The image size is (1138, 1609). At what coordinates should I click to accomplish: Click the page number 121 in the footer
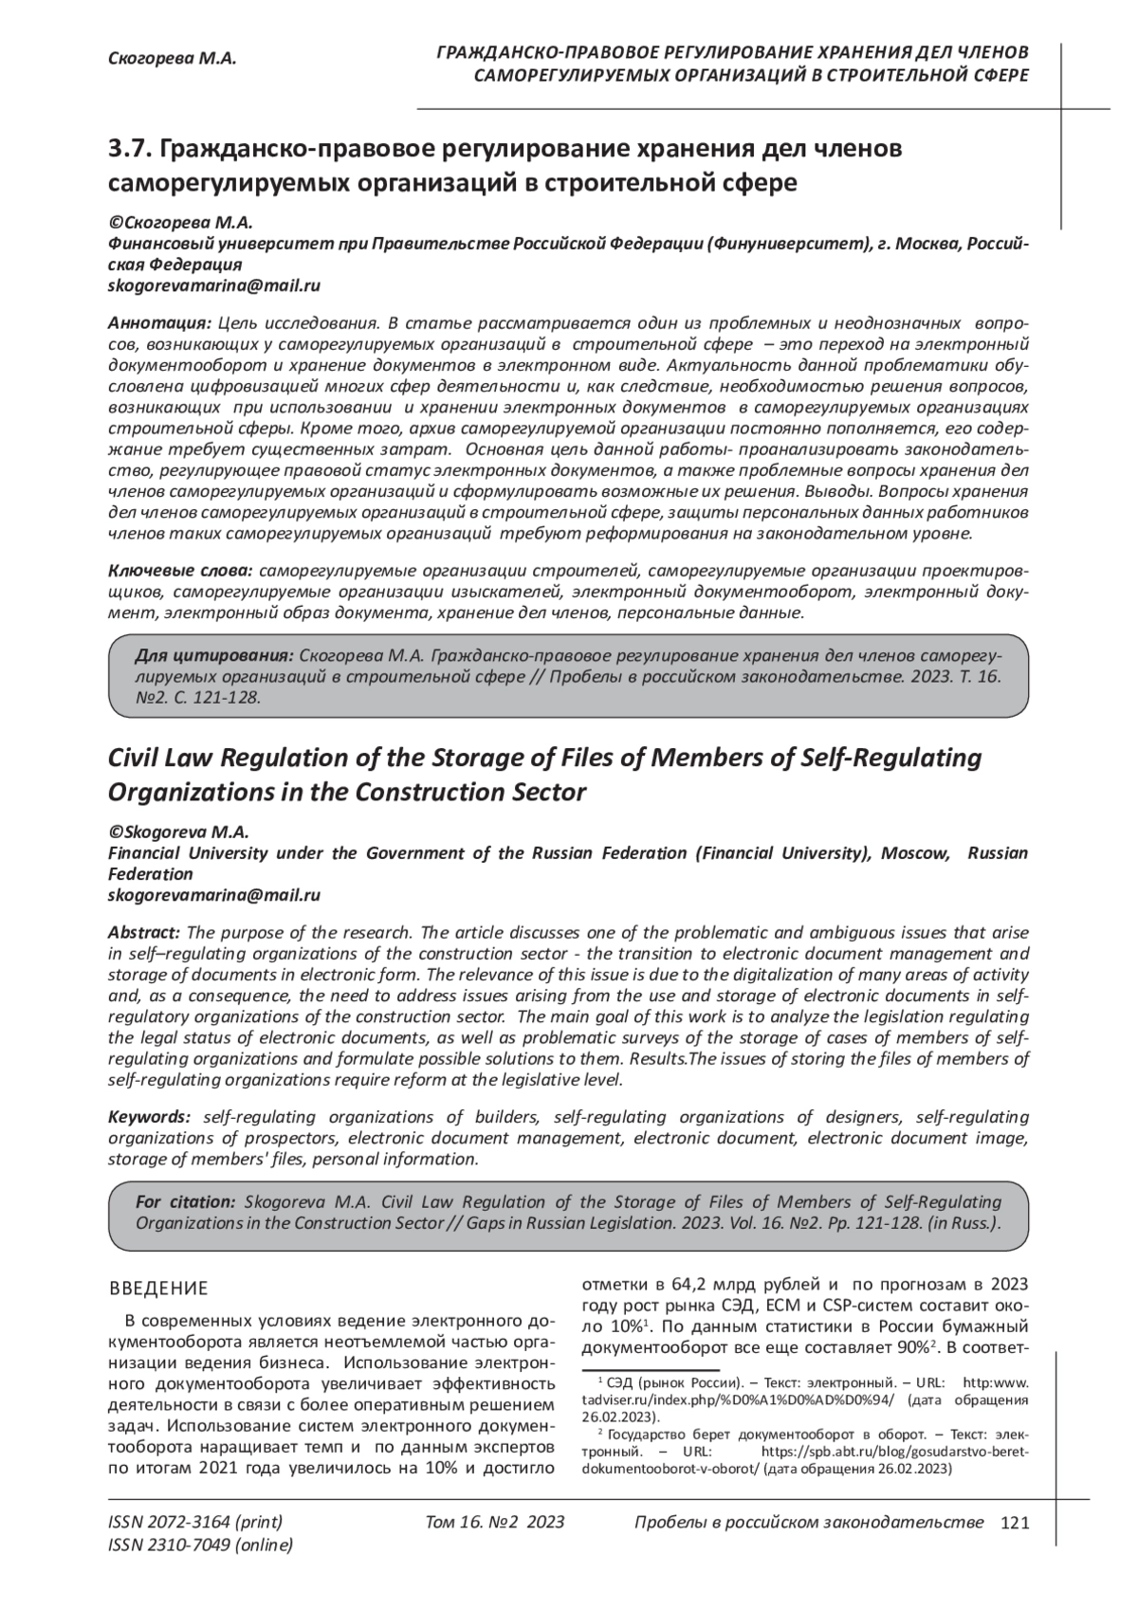[x=1015, y=1523]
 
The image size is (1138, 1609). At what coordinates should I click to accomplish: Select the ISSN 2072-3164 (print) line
[x=195, y=1523]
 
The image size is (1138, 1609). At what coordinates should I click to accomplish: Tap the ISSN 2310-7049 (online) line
[x=201, y=1545]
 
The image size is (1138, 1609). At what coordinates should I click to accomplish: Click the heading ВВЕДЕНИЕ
[x=158, y=1289]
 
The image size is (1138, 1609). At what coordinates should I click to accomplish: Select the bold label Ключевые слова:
[x=180, y=571]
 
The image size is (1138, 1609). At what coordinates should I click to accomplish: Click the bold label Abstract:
[x=144, y=933]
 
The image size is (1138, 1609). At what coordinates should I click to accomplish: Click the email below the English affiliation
[x=214, y=895]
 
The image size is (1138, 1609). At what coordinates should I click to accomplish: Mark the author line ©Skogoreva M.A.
[x=178, y=832]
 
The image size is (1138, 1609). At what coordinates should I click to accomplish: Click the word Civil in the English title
[x=140, y=759]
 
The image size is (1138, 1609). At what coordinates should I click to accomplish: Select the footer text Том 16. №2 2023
[x=495, y=1523]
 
